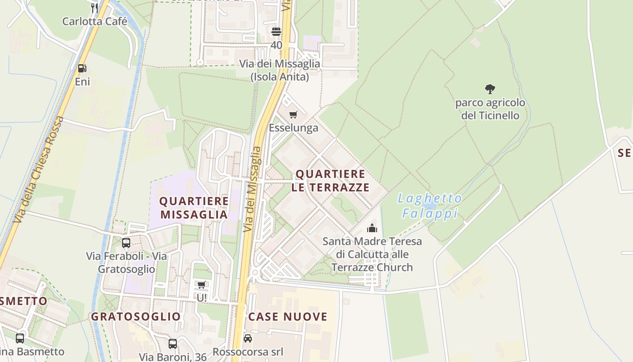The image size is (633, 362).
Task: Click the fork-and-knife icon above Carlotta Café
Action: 94,7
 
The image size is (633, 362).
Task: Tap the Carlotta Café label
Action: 94,21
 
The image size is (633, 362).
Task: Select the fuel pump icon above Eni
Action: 82,68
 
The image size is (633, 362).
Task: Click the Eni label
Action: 82,82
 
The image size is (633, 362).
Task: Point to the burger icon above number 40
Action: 276,32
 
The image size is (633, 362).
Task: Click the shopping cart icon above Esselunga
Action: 293,114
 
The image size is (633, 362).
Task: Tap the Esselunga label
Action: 293,128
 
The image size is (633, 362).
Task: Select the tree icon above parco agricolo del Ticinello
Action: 490,89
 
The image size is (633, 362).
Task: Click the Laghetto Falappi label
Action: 430,206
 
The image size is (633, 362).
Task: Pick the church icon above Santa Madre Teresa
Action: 372,228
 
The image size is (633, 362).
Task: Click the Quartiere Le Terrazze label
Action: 331,181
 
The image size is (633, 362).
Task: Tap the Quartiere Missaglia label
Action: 194,208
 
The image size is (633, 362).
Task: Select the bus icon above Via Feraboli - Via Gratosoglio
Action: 126,243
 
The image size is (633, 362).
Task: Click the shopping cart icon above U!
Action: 202,285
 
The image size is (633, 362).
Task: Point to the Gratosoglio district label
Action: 136,316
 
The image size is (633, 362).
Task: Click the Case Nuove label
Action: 288,316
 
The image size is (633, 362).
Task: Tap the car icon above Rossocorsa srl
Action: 248,338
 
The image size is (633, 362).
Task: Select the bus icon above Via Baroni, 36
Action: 173,343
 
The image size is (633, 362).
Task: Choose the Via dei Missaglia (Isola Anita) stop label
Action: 279,70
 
